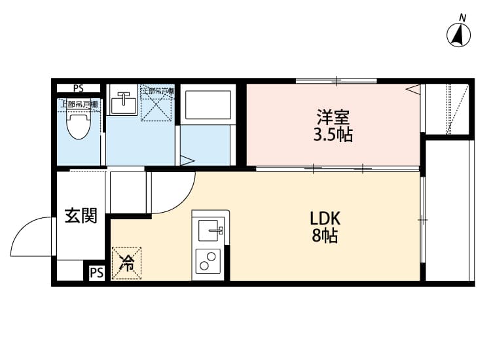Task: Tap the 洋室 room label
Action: pyautogui.click(x=333, y=119)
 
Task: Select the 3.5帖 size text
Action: pyautogui.click(x=333, y=136)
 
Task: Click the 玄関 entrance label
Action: pyautogui.click(x=81, y=215)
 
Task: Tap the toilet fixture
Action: pyautogui.click(x=79, y=124)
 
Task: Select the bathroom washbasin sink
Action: pyautogui.click(x=122, y=103)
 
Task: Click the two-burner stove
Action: pyautogui.click(x=209, y=261)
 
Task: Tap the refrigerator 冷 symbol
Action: pyautogui.click(x=126, y=264)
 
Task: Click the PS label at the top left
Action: pyautogui.click(x=79, y=88)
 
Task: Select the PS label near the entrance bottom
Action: pyautogui.click(x=96, y=272)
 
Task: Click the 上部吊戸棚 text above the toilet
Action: pyautogui.click(x=79, y=103)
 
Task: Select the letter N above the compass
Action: pyautogui.click(x=462, y=17)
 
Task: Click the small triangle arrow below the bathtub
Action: pyautogui.click(x=186, y=159)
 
